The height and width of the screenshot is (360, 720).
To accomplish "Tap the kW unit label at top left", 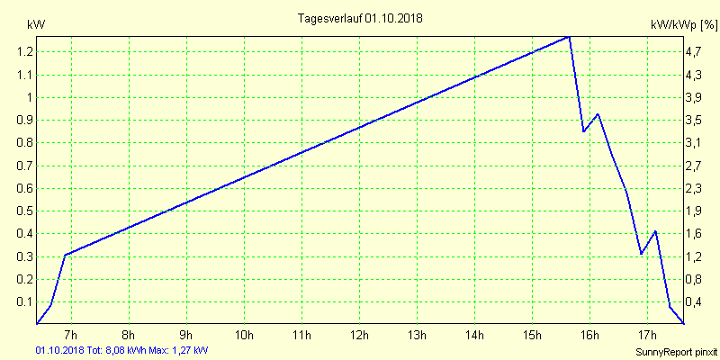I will (36, 25).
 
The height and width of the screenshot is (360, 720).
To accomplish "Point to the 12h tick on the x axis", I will (359, 337).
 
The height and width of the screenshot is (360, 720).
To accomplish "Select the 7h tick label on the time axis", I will (71, 337).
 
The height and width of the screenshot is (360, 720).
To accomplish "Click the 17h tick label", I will (647, 337).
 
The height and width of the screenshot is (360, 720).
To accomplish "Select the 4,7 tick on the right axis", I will (693, 52).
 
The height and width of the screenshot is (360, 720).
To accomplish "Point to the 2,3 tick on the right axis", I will (693, 188).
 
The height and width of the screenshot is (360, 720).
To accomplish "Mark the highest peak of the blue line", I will (569, 37).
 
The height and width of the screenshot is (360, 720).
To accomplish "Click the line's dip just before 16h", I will (584, 131).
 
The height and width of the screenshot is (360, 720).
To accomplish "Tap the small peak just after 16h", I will (598, 114).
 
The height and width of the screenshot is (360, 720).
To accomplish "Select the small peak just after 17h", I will (655, 231).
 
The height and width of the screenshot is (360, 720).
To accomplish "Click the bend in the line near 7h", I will (65, 255).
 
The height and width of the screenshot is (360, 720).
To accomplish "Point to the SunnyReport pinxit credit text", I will (676, 350).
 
